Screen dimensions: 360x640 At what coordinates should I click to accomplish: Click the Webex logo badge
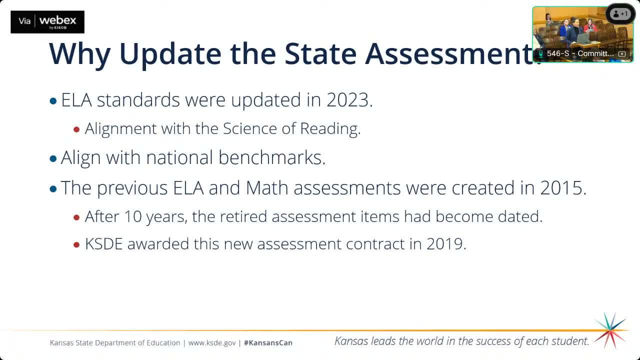pos(47,22)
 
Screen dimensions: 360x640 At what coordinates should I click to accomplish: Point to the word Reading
pos(330,129)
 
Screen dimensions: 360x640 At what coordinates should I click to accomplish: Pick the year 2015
pos(562,188)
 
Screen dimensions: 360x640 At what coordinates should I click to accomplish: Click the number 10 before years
pos(133,216)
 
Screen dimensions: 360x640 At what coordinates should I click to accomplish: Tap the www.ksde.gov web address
pos(212,343)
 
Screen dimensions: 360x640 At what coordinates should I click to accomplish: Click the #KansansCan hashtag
pos(268,343)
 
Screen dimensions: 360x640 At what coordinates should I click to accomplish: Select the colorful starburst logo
pos(610,330)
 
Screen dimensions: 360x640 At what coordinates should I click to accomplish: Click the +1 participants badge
pos(620,14)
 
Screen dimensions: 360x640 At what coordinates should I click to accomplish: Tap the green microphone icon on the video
pos(540,53)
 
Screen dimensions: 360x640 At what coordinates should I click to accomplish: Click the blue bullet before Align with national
pos(53,159)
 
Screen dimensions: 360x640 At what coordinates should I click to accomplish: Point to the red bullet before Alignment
pos(76,129)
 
